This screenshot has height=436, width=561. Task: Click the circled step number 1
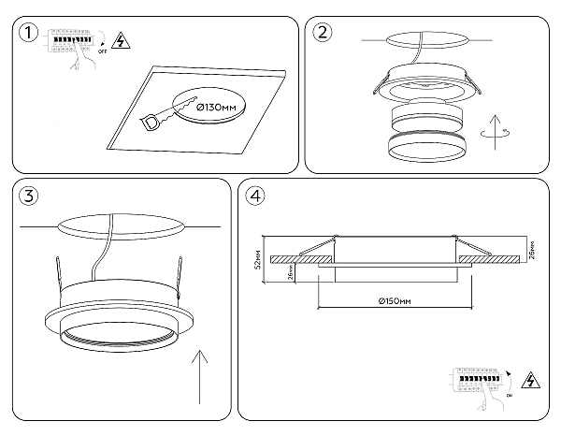point(30,34)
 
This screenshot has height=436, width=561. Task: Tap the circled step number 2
point(323,34)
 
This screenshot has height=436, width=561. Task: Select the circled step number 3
point(30,196)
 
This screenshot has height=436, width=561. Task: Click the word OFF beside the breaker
point(103,54)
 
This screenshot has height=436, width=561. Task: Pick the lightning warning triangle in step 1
point(120,40)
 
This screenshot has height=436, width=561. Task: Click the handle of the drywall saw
point(151,122)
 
